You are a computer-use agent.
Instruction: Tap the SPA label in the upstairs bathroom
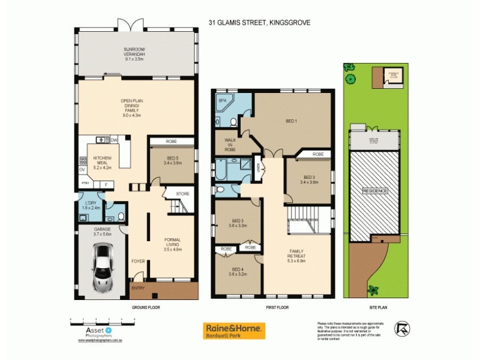click(x=221, y=101)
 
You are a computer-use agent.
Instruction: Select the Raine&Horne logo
click(x=235, y=331)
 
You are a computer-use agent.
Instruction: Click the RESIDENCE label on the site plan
click(x=374, y=191)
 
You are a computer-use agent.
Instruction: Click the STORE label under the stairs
click(x=182, y=194)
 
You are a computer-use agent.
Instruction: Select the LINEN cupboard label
click(x=258, y=166)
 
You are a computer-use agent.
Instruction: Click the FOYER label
click(x=138, y=261)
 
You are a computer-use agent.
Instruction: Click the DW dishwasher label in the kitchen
click(x=113, y=140)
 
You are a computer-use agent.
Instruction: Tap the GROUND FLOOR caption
click(x=145, y=307)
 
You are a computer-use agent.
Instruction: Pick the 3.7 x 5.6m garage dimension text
click(x=102, y=234)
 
